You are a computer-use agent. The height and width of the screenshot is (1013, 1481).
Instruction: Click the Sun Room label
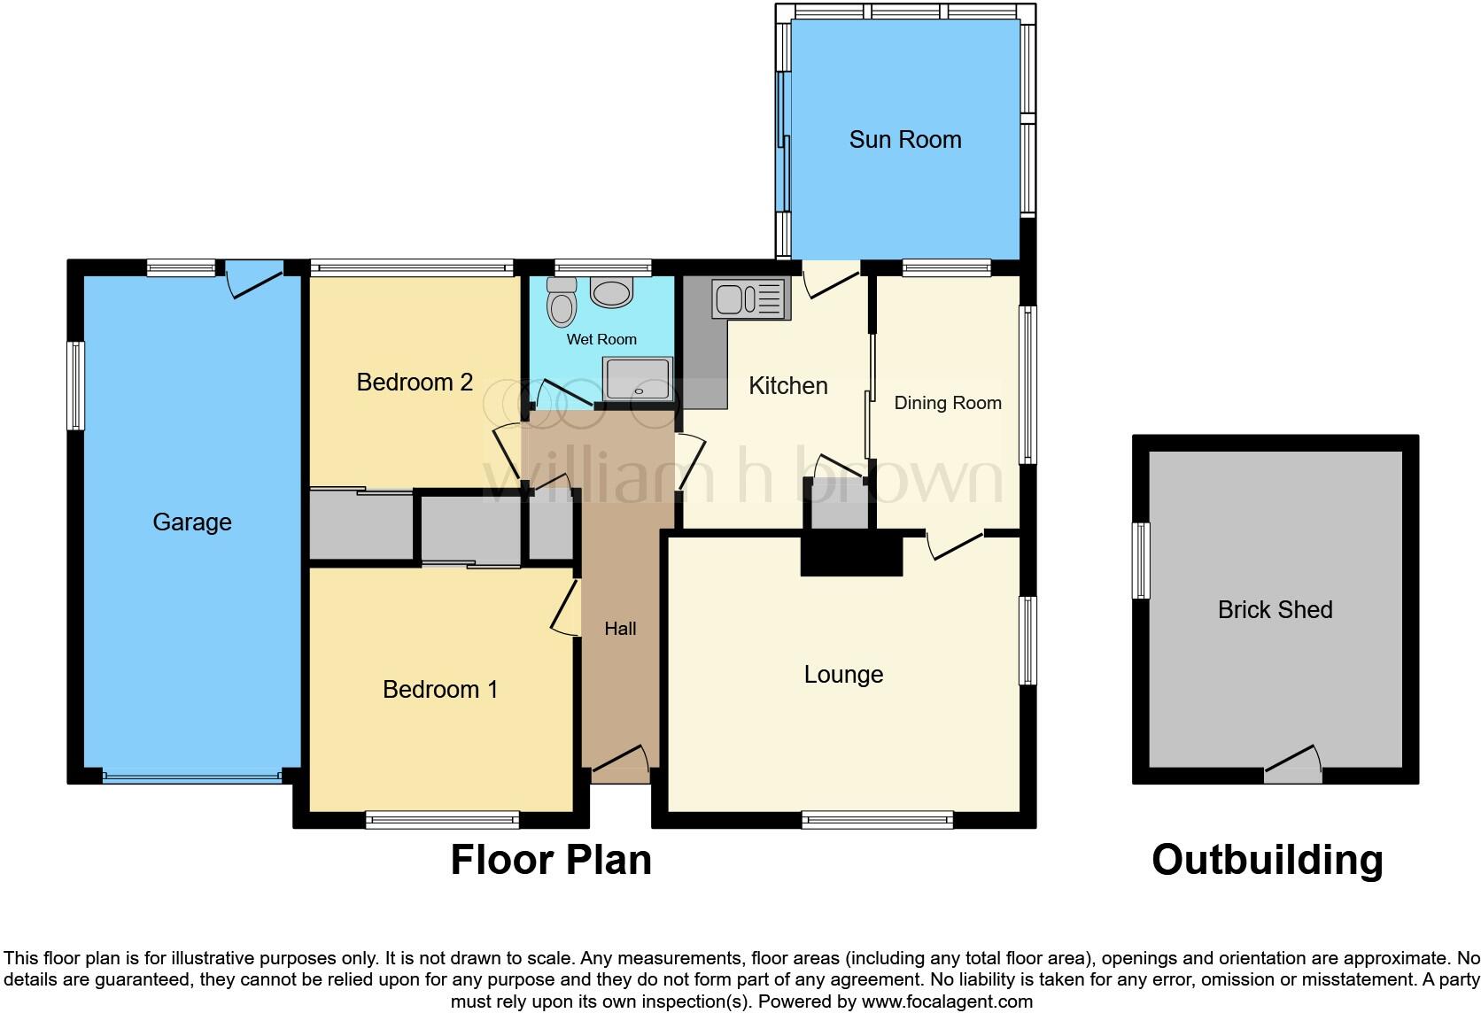[904, 140]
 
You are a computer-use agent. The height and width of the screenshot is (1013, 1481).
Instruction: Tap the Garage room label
[191, 522]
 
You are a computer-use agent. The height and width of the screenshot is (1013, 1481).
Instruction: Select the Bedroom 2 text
[415, 383]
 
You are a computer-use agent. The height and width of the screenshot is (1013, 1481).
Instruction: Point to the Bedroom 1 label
[440, 690]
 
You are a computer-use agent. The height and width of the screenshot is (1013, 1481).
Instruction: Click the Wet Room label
[601, 339]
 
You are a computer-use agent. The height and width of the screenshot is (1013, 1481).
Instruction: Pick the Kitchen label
[787, 386]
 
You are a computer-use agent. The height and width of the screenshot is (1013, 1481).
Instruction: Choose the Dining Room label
[947, 403]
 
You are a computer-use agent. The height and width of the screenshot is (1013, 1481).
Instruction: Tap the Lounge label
[843, 675]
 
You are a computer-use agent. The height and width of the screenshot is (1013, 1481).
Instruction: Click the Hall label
[620, 629]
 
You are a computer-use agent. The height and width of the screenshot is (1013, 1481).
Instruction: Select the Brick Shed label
[1275, 610]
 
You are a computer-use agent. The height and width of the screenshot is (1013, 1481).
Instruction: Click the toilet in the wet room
[561, 303]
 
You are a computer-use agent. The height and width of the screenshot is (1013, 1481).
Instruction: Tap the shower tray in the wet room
[638, 379]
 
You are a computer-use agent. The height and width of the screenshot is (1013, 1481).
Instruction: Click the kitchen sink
[749, 298]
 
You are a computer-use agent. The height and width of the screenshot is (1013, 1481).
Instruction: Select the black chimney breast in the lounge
[851, 555]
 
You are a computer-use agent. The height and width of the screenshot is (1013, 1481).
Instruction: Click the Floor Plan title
[551, 860]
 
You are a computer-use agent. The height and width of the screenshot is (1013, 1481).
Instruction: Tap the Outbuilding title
[1267, 860]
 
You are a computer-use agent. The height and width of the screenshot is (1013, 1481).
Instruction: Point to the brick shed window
[1143, 561]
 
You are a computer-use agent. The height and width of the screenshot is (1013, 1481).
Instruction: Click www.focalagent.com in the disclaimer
[947, 1002]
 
